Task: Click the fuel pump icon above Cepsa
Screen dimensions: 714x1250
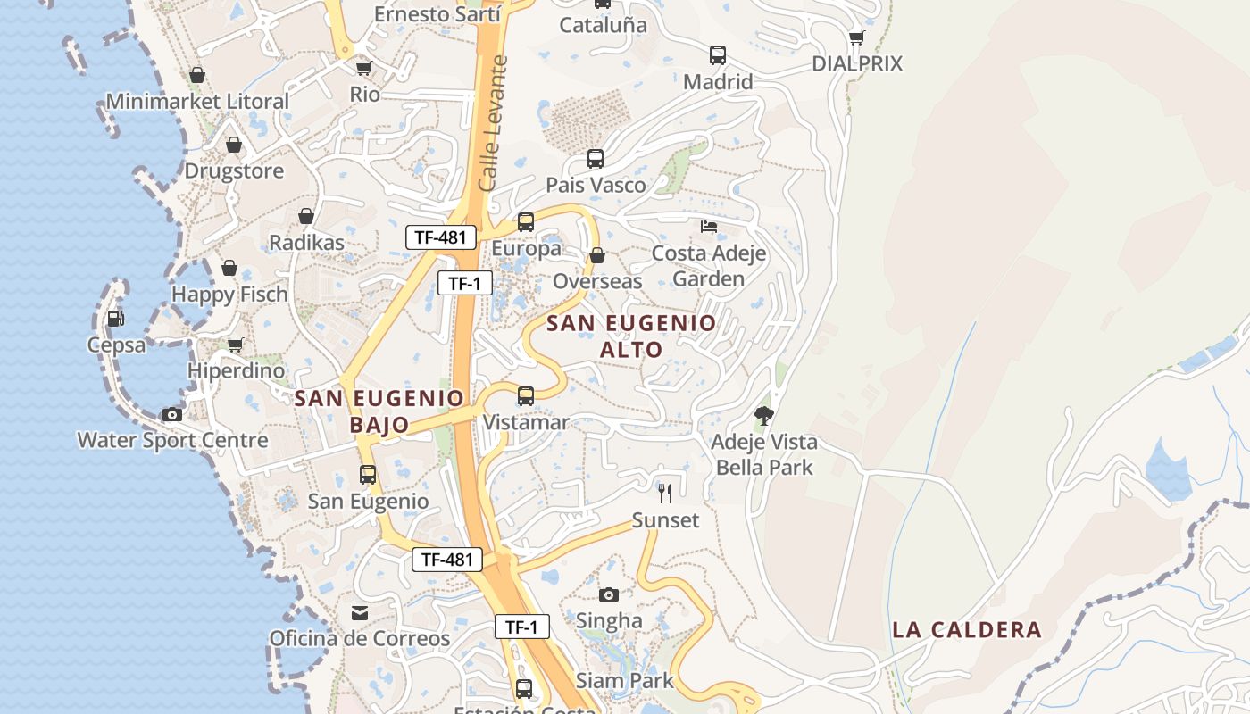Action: pos(115,319)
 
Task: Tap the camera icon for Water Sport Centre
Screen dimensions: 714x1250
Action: pos(171,414)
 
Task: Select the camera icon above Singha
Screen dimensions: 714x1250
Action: pos(609,594)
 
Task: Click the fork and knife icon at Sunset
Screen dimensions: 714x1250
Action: pos(665,494)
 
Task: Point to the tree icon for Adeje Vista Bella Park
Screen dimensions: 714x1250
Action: pos(763,415)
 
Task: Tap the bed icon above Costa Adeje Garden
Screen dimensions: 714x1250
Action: pos(709,227)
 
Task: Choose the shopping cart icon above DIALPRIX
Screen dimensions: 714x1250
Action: pos(857,37)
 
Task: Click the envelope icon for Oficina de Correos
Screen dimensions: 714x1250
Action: pos(360,613)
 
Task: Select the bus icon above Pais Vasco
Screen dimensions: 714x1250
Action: pos(596,159)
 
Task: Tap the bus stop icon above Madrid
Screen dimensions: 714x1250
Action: pos(718,55)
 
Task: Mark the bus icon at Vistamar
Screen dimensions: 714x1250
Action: pos(526,395)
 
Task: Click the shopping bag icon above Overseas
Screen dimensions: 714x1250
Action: pos(597,255)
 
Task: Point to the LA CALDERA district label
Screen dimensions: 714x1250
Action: pos(967,630)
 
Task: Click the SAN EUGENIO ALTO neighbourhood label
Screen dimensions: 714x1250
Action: pos(631,336)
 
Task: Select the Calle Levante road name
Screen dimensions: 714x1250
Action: pos(493,123)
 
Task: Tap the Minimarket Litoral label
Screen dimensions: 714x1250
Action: pos(197,102)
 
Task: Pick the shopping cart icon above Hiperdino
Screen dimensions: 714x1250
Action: pos(236,345)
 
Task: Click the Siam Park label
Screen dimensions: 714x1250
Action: pos(625,681)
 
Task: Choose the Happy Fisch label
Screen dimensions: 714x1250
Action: pos(229,295)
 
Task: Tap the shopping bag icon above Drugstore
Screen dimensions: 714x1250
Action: pos(234,145)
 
